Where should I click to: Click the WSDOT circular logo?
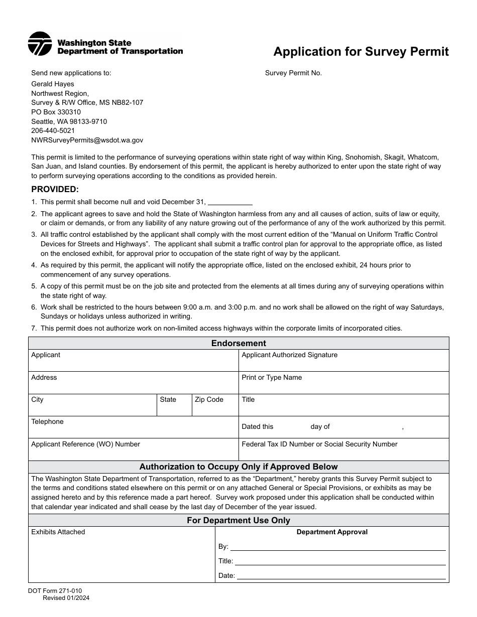coord(40,44)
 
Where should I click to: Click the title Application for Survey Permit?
coord(361,52)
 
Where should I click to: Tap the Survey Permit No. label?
coord(293,73)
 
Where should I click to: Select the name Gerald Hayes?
coord(53,84)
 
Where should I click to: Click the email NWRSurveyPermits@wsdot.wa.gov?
coord(87,140)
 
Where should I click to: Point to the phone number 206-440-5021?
coord(53,131)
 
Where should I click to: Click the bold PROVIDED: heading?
coord(55,190)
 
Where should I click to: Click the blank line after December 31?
coord(229,203)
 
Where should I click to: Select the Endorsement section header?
coord(238,344)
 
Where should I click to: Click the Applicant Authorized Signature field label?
coord(290,355)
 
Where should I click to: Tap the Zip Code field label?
coord(209,400)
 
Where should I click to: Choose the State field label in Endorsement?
coord(168,400)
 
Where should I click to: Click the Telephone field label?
coord(48,422)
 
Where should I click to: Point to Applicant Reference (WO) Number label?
coord(86,444)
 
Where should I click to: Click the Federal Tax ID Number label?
coord(319,444)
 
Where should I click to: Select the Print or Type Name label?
coord(272,378)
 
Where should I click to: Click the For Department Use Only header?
coord(238,521)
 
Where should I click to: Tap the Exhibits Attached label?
coord(58,532)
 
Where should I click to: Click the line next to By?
coord(337,547)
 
